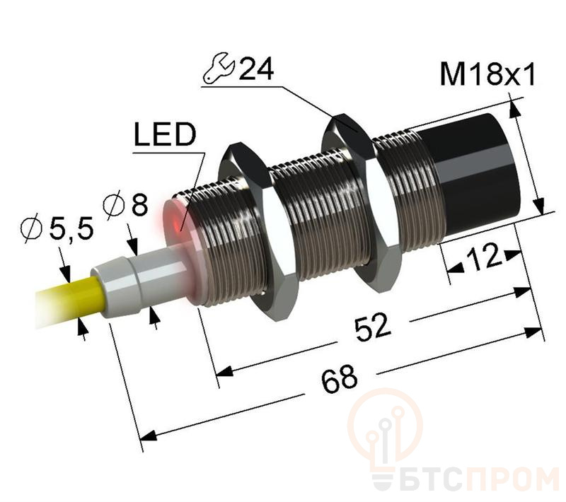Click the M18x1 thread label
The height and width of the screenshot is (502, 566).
point(487,75)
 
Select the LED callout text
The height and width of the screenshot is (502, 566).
point(165,134)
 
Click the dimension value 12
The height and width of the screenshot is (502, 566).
point(484,257)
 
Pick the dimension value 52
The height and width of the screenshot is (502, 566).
point(372,327)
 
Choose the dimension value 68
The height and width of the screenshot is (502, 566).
point(340,380)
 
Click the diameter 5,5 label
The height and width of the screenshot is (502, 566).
point(57,228)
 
